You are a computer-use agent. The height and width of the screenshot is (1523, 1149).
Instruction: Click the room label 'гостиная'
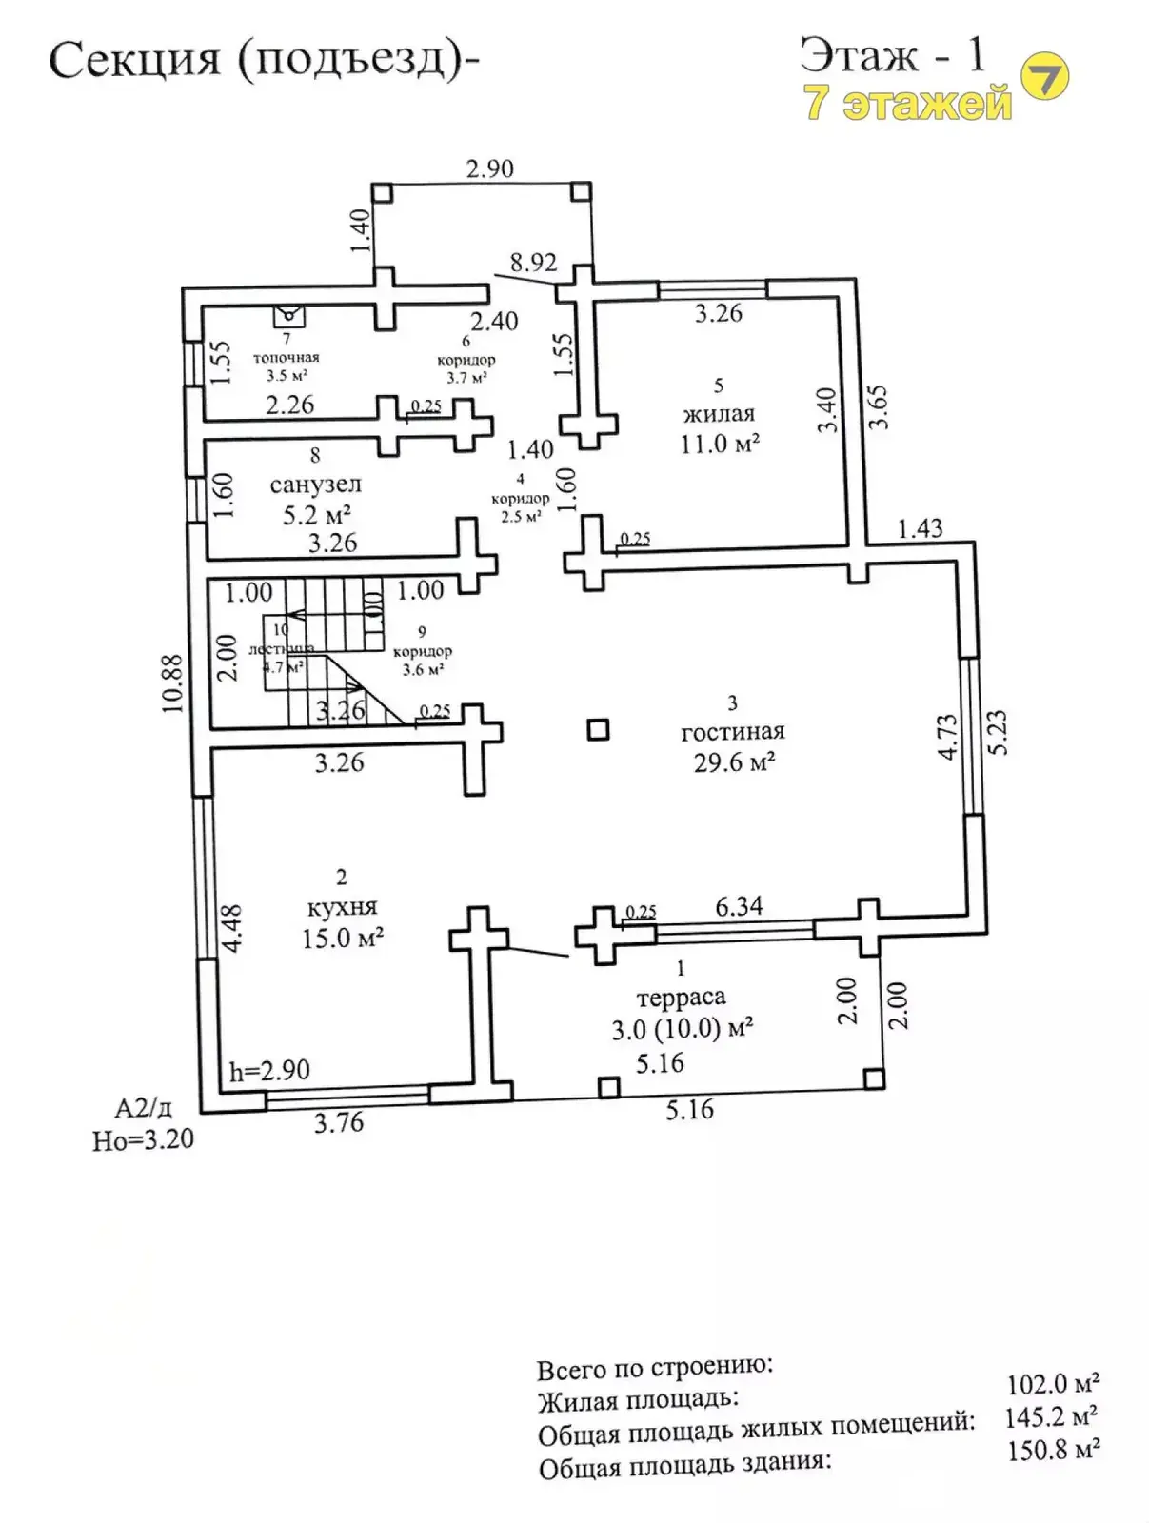tap(732, 732)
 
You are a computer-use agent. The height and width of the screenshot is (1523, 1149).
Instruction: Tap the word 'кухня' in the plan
tap(342, 907)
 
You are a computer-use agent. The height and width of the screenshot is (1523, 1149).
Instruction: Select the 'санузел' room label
tap(315, 485)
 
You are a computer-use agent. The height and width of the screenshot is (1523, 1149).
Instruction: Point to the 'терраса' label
tap(681, 998)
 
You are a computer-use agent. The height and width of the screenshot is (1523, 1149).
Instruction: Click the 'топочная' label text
tap(286, 357)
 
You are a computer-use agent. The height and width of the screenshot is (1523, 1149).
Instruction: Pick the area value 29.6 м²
tap(734, 762)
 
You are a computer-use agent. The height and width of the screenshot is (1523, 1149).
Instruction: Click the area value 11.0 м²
tap(719, 444)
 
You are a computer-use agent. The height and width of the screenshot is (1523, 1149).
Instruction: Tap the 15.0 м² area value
tap(342, 939)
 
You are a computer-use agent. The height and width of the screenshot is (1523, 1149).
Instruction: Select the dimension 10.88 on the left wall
tap(171, 682)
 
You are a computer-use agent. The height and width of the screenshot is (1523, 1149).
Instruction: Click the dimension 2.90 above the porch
tap(489, 168)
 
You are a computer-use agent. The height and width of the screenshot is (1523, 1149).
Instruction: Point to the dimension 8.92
tap(533, 263)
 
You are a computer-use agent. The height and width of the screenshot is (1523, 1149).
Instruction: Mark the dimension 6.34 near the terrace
tap(739, 906)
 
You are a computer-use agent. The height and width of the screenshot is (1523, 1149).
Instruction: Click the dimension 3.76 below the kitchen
tap(339, 1123)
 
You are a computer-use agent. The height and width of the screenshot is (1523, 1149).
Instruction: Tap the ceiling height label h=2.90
tap(269, 1071)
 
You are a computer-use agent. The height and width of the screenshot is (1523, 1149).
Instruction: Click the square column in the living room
tap(598, 730)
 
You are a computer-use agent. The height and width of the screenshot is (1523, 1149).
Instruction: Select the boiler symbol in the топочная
tap(288, 315)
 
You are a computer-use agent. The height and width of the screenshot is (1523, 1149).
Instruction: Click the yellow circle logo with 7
tap(1044, 76)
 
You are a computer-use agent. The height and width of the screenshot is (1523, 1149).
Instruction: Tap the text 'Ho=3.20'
tap(143, 1139)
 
